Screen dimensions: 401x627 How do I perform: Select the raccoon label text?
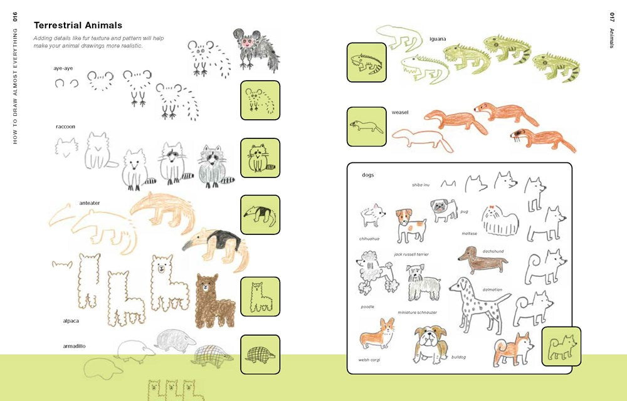pyautogui.click(x=65, y=127)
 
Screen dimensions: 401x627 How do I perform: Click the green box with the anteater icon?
pyautogui.click(x=260, y=214)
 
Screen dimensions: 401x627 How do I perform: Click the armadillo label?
pyautogui.click(x=74, y=346)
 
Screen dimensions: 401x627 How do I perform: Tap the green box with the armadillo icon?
pyautogui.click(x=260, y=354)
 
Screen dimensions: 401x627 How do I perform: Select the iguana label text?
pyautogui.click(x=438, y=39)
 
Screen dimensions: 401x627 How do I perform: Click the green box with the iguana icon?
pyautogui.click(x=366, y=62)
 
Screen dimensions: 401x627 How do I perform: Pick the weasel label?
pyautogui.click(x=400, y=112)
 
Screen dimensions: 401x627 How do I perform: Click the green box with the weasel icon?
pyautogui.click(x=366, y=127)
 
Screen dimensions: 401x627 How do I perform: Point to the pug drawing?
pyautogui.click(x=444, y=210)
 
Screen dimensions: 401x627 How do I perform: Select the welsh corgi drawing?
pyautogui.click(x=377, y=334)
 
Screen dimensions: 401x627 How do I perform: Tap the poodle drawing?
pyautogui.click(x=375, y=273)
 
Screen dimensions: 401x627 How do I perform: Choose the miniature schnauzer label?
pyautogui.click(x=417, y=312)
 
